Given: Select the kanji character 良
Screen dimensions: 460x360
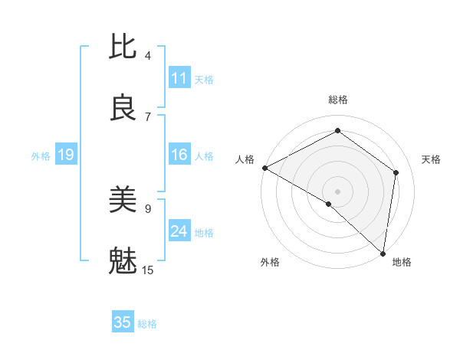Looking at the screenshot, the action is [x=123, y=108].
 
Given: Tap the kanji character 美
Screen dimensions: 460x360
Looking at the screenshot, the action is [x=123, y=200].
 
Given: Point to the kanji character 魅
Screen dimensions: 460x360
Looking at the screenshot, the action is [x=123, y=260].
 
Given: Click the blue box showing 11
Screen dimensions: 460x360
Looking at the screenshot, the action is [x=179, y=78].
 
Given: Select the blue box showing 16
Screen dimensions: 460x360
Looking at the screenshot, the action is [x=179, y=155].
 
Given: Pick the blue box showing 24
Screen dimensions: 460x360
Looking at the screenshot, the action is [x=179, y=231].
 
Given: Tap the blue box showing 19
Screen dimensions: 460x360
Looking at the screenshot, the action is [x=65, y=155].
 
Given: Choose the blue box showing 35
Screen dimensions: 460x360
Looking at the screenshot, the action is [x=123, y=322].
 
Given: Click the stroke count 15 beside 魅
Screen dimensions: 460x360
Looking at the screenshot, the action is [x=148, y=270].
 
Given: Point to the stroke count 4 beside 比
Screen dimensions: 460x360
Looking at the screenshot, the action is [x=148, y=55].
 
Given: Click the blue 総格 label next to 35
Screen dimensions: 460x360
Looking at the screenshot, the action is [x=147, y=324].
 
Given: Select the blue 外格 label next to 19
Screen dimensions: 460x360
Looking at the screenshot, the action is [x=41, y=156].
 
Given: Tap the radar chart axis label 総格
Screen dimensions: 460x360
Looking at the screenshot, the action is [x=337, y=100].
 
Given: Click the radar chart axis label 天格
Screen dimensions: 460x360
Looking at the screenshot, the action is [x=431, y=159].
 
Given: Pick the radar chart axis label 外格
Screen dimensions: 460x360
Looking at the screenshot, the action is [x=270, y=263].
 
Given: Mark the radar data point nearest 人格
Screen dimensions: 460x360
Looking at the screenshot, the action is [x=264, y=168].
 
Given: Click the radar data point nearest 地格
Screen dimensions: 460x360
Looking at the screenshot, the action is [x=383, y=254].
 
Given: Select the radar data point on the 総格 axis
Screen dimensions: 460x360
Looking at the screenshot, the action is [x=337, y=132].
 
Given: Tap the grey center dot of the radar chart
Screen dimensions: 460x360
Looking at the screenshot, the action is [x=337, y=191].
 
